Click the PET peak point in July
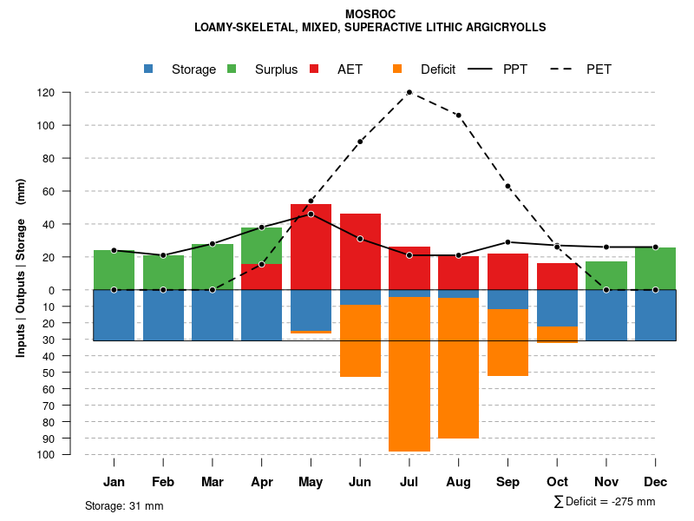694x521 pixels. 409,92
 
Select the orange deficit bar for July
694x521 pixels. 409,373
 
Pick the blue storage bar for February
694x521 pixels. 163,315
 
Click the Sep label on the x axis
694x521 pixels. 507,482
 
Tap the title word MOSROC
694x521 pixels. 370,15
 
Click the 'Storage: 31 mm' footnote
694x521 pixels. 124,505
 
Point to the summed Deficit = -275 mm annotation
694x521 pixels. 604,502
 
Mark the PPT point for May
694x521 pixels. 311,214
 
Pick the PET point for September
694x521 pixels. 507,187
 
